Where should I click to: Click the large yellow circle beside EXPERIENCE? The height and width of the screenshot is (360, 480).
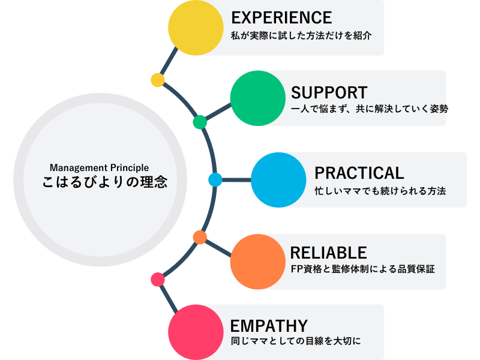tap(196, 28)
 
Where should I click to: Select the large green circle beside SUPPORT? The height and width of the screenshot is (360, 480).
tap(258, 98)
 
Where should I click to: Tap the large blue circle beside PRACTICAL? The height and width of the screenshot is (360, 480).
tap(278, 179)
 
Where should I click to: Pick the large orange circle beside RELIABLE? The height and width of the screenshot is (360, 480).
tap(258, 262)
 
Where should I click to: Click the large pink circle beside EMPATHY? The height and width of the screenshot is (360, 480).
tap(196, 332)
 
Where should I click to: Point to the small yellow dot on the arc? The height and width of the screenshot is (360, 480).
tap(158, 80)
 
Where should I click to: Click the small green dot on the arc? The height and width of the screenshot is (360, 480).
tap(200, 122)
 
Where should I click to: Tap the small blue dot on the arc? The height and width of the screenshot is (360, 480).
tap(215, 179)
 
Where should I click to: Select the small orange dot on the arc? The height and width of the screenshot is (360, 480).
tap(200, 237)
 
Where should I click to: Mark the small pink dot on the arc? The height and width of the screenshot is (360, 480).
tap(158, 279)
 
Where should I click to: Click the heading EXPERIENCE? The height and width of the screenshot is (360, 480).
tap(281, 17)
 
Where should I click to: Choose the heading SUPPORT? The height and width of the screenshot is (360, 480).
tap(329, 92)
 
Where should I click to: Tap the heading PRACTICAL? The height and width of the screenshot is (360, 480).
tap(359, 173)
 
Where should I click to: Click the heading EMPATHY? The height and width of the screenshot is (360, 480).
tap(269, 326)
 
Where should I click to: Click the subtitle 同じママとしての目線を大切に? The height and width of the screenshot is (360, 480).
tap(298, 343)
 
